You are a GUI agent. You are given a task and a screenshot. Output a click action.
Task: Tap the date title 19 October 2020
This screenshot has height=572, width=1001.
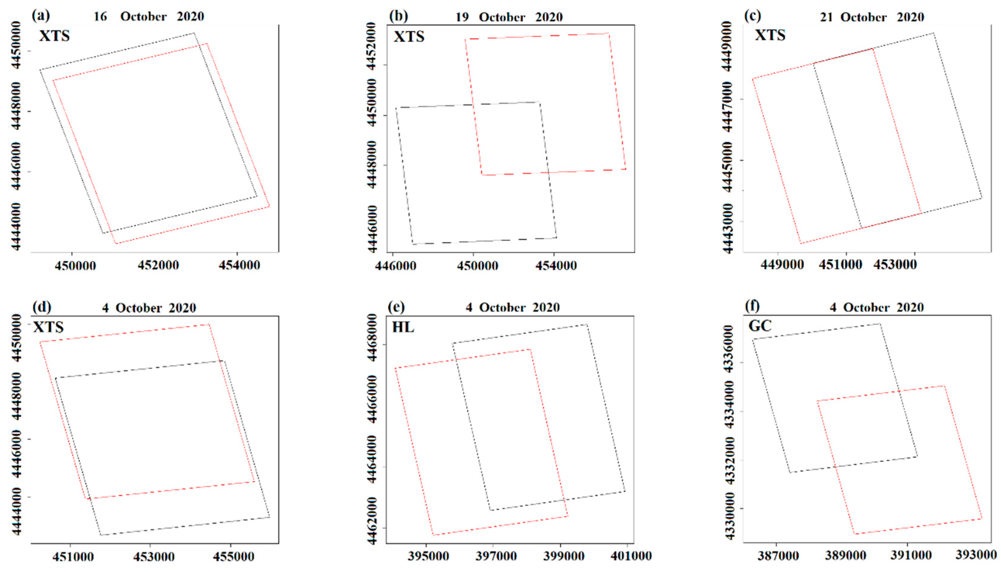tap(509, 17)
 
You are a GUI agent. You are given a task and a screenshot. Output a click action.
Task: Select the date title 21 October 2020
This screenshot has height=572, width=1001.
tap(872, 17)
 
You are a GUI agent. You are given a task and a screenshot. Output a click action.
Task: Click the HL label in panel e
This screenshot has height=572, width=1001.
tap(403, 327)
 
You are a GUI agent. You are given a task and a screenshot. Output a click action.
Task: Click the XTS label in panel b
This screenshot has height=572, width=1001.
tap(409, 36)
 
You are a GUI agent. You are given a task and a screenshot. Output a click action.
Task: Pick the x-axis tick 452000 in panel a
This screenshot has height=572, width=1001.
tap(158, 265)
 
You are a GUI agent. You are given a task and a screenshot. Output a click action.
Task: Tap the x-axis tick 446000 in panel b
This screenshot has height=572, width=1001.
tap(395, 266)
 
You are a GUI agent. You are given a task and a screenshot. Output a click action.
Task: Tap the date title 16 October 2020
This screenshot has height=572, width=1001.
tap(148, 17)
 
